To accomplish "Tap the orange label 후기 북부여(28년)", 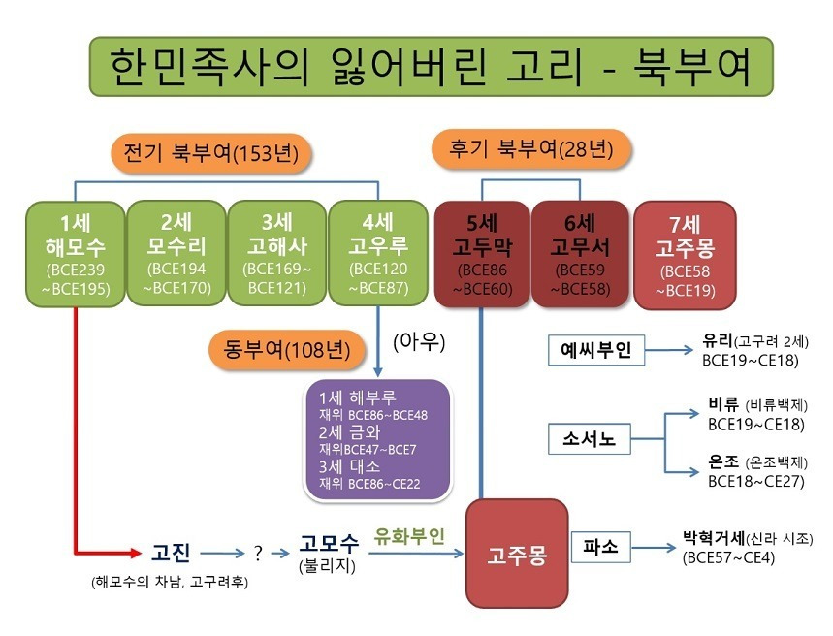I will tap(532, 148).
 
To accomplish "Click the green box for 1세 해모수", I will tap(76, 250).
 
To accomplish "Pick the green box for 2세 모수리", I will tap(176, 250).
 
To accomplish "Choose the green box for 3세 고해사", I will tap(276, 250).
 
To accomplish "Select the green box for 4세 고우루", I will tap(378, 250).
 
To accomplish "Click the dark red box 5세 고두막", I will tap(482, 250).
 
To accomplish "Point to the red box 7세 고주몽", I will tap(681, 250).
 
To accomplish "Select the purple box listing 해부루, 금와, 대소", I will tap(377, 439).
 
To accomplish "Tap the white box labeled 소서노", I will tap(589, 439).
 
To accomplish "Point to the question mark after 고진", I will tap(258, 554).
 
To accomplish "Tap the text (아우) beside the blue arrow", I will tap(414, 342).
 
